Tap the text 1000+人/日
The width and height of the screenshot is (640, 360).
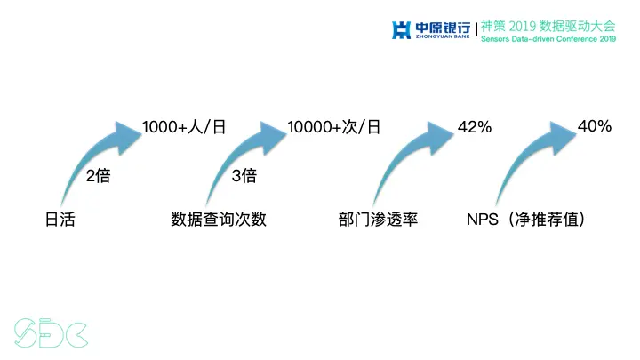tap(184, 128)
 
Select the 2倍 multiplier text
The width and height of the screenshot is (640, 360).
tap(98, 176)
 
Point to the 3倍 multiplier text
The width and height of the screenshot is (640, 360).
tap(244, 176)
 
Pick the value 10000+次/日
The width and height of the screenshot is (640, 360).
tap(333, 128)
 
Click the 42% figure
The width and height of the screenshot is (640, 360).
tap(474, 128)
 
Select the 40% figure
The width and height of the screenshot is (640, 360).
tap(595, 126)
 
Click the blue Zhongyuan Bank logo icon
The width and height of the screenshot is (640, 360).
tap(402, 30)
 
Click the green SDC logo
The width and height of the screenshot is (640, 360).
tap(50, 330)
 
